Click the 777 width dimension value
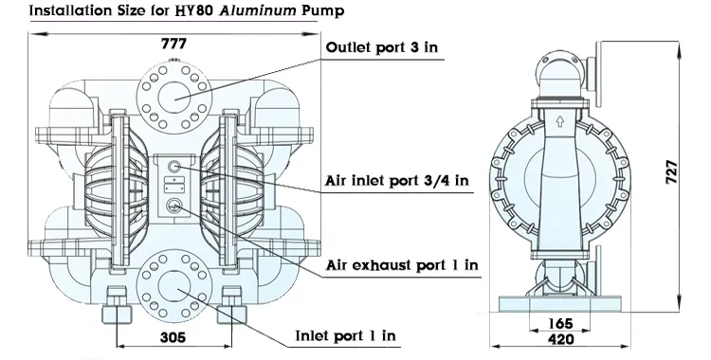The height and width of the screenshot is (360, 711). pyautogui.click(x=173, y=45)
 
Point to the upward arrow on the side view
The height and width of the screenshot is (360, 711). pyautogui.click(x=561, y=121)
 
